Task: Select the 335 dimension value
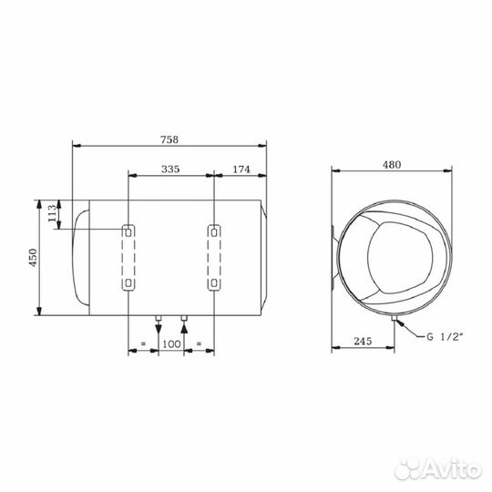[170, 169]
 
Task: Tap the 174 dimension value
[241, 169]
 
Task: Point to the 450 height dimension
[33, 259]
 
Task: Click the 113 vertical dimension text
[53, 215]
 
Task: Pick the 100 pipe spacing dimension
[170, 344]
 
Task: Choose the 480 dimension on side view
[393, 165]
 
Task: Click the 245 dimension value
[363, 343]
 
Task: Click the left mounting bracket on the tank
[128, 258]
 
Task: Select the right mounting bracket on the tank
[213, 258]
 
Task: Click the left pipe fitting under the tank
[159, 319]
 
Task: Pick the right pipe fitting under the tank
[184, 319]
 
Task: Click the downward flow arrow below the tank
[159, 332]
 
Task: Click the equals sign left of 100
[143, 344]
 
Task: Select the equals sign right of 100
[199, 344]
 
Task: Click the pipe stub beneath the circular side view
[395, 321]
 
